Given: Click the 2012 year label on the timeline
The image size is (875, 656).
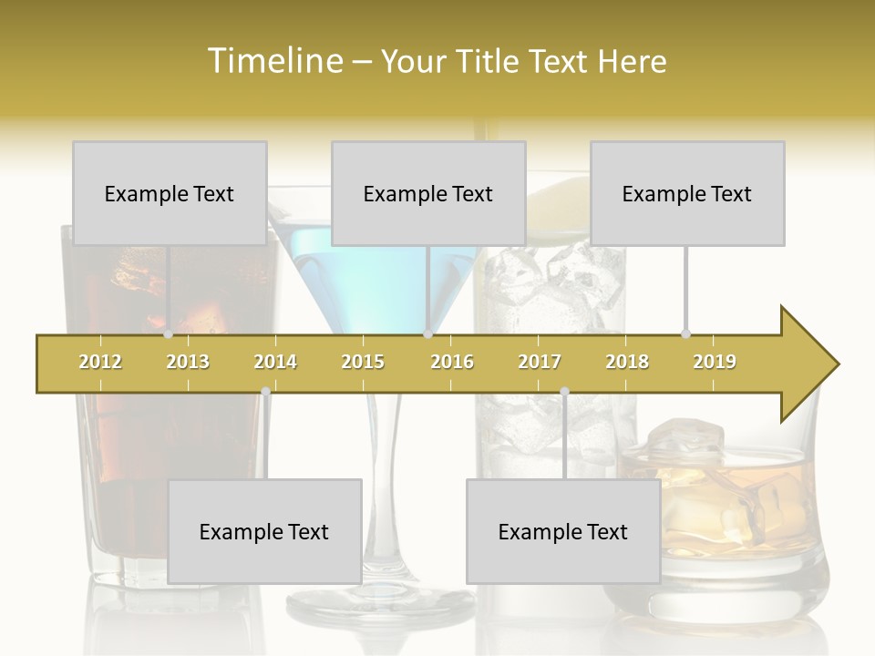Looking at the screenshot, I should pos(100,362).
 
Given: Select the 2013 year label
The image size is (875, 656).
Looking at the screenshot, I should pos(188,362).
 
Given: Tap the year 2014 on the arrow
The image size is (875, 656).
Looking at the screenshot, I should pos(275,362).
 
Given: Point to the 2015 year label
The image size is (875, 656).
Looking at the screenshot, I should pos(363,362).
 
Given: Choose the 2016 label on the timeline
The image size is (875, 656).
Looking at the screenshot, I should pos(452,362).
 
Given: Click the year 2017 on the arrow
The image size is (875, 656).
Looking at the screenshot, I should pos(540,362).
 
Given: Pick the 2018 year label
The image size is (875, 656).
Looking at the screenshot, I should pos(627,362).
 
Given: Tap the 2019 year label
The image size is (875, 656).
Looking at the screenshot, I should pos(715,362).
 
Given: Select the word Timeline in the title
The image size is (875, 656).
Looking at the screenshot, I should pos(273,61).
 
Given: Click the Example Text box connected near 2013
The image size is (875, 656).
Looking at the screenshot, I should pos(170,193).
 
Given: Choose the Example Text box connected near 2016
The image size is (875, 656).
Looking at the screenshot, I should pos(428,193).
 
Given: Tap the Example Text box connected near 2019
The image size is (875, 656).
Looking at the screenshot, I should pos(687,193).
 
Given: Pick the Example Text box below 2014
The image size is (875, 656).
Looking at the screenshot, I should pos(264,531).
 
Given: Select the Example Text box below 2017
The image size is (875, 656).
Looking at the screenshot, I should pos(563,531).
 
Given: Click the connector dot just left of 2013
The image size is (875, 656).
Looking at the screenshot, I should pos(168,334).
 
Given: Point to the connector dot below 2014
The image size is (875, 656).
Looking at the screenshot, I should pos(265,391).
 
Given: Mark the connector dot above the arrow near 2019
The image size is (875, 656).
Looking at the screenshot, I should pos(685,334).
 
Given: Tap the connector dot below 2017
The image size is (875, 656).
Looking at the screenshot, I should pos(564,392).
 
